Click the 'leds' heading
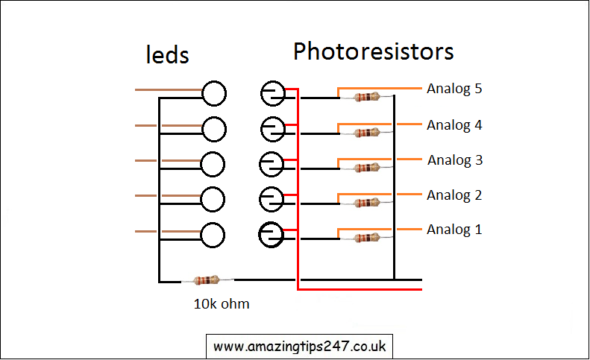point(166,54)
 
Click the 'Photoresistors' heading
point(373,51)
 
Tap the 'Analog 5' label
point(454,89)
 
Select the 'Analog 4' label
point(454,125)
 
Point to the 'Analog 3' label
point(455,160)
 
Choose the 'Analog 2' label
point(454,195)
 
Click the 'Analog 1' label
point(454,230)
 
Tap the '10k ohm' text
point(221,303)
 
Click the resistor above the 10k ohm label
point(207,280)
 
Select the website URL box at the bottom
point(299,347)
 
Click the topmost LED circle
point(214,93)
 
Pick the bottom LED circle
point(213,234)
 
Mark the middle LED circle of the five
point(213,163)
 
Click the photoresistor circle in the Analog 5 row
point(272,93)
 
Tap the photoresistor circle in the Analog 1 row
point(272,234)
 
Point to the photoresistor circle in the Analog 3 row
point(272,163)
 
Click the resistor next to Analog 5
point(366,97)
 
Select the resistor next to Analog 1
point(366,238)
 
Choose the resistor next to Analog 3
point(366,168)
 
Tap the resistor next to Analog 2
point(366,203)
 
